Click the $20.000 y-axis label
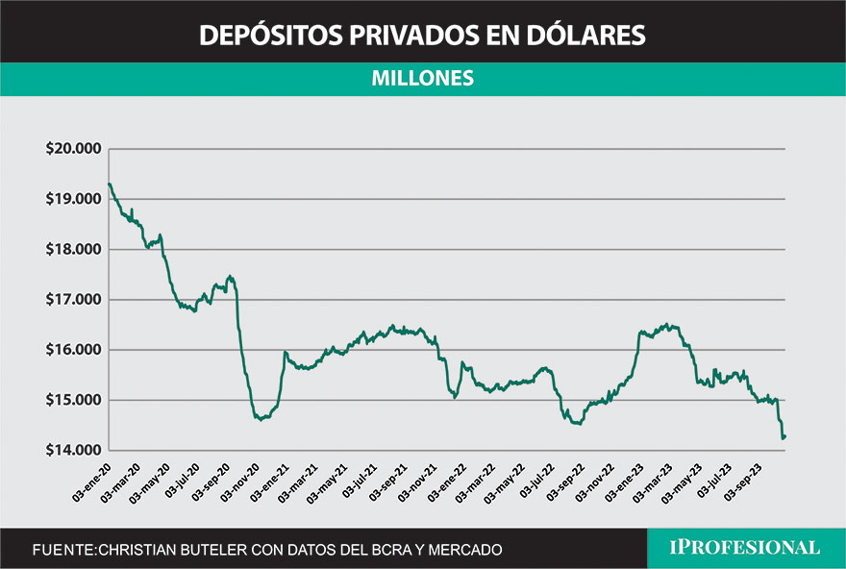click(73, 149)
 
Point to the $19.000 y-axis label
click(73, 199)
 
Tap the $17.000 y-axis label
click(73, 299)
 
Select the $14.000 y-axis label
click(73, 450)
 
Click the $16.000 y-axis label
click(73, 350)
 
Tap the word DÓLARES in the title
click(589, 36)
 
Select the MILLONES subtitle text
click(422, 79)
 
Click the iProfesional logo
click(745, 548)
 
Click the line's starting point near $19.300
click(109, 184)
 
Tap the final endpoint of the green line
click(785, 437)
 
